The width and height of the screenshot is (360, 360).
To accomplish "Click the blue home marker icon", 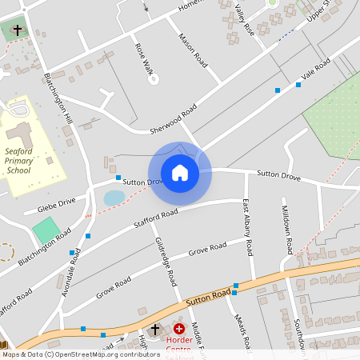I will (x=180, y=173).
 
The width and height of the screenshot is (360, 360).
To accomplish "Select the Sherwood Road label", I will (x=173, y=120).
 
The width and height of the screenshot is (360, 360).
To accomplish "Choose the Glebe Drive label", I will (x=50, y=206).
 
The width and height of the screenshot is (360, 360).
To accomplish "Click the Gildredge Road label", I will (x=166, y=262).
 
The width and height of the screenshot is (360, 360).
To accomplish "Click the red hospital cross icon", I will (x=178, y=329).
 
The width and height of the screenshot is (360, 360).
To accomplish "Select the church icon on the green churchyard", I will (x=17, y=30).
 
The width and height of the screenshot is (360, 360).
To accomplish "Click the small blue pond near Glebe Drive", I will (x=114, y=197).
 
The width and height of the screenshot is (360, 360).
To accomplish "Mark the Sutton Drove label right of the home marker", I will (x=278, y=174).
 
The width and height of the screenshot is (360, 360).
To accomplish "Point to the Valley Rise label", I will (x=245, y=18).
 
